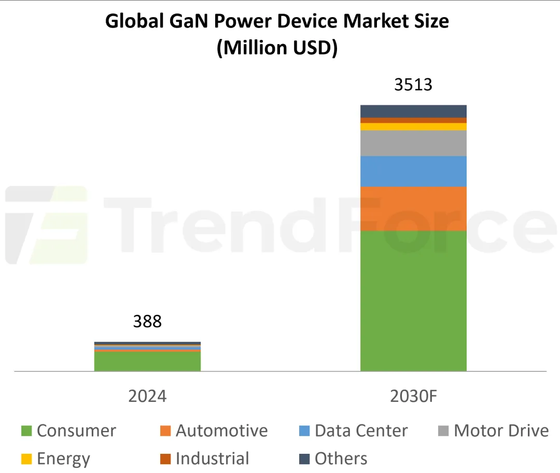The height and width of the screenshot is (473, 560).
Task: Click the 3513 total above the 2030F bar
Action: [x=413, y=85]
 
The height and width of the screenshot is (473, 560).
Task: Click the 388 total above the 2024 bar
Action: [x=147, y=322]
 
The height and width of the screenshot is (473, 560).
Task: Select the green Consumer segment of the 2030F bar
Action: [x=413, y=301]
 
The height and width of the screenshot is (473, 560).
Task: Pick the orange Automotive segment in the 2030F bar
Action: [x=413, y=208]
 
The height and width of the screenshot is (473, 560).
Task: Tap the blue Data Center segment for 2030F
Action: [x=413, y=171]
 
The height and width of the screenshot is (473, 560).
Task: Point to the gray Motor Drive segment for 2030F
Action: [x=413, y=143]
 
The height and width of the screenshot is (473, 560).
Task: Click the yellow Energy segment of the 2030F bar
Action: [x=413, y=127]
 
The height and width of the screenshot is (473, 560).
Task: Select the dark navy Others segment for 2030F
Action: [x=413, y=111]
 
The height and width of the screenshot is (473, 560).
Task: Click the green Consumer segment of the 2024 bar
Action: [x=147, y=361]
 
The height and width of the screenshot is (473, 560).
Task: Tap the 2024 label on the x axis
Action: [x=147, y=396]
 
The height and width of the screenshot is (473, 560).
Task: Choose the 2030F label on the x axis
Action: [x=413, y=396]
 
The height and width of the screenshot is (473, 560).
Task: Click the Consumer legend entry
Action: [x=68, y=431]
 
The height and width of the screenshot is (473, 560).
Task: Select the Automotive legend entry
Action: [x=214, y=431]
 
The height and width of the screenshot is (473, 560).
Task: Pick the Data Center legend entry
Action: [x=354, y=431]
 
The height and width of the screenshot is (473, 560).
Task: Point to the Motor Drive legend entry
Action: [x=493, y=431]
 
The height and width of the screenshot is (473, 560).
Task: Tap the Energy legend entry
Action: [x=55, y=459]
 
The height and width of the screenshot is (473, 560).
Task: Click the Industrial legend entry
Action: [x=204, y=459]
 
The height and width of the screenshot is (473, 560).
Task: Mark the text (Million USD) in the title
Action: [x=277, y=48]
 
